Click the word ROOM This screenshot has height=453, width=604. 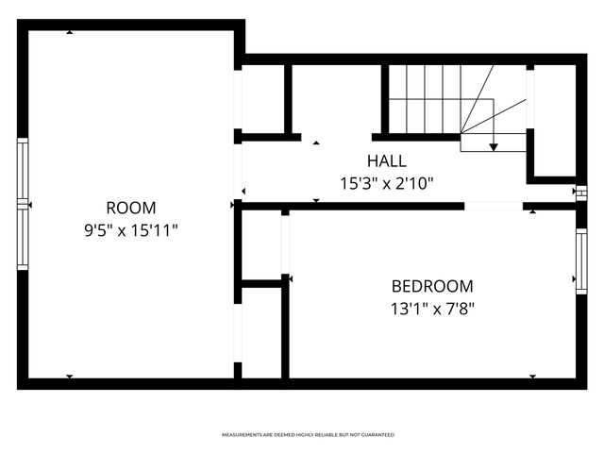pos(131,208)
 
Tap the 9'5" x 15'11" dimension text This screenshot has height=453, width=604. pos(131,228)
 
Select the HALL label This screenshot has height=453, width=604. pos(387,161)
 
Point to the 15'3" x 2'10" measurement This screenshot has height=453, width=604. pos(387,182)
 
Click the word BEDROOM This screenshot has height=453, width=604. pos(432,286)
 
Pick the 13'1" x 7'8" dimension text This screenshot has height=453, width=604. pos(432,307)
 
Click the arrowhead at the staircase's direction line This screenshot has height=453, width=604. pos(494,147)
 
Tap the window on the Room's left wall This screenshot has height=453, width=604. pos(23,204)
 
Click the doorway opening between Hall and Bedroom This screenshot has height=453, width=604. pos(493,205)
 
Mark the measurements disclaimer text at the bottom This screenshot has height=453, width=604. pos(308,435)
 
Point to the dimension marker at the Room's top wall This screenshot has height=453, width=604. pos(70,33)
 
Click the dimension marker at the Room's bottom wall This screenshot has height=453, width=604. pos(70,377)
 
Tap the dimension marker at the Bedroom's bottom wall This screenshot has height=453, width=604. pos(532,377)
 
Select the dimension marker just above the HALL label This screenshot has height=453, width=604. pos(315,143)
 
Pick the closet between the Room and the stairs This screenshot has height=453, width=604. pos(264,99)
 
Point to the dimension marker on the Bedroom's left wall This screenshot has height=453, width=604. pos(288,277)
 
